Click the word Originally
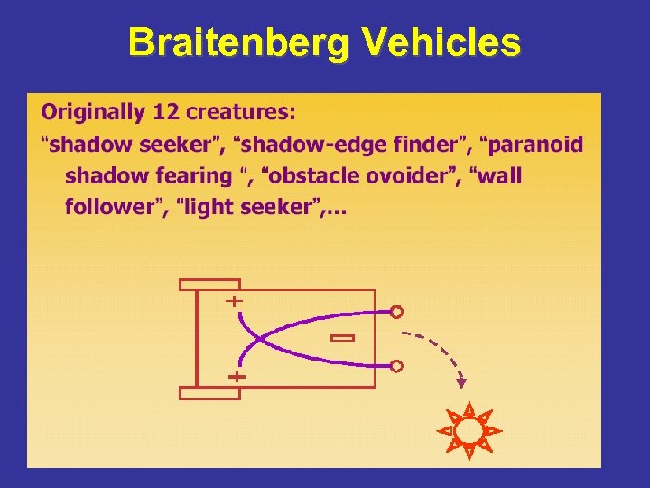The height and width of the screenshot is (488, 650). click(x=93, y=113)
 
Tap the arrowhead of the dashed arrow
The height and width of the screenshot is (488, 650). click(x=463, y=384)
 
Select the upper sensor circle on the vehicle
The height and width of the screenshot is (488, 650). click(x=396, y=313)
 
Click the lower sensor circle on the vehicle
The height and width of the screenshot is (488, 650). click(x=396, y=366)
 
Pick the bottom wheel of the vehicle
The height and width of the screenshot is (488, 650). click(x=209, y=393)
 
